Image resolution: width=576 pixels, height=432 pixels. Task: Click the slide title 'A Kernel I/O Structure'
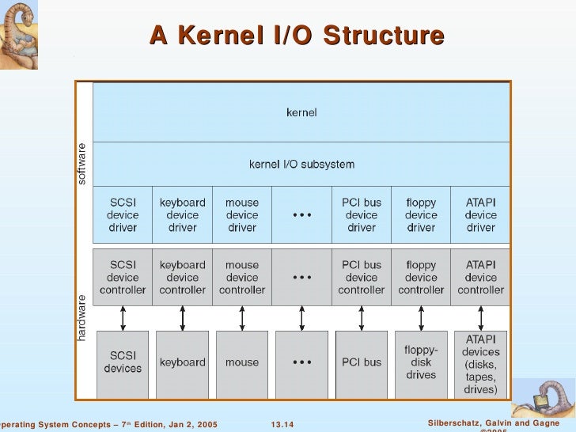(297, 36)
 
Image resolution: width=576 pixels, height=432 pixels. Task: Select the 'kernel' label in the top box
(301, 112)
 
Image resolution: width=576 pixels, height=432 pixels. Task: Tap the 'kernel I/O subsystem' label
(301, 165)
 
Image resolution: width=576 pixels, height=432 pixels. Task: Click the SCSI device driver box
(123, 214)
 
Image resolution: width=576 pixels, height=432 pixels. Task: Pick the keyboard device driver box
(183, 214)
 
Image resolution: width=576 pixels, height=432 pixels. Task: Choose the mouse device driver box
(242, 214)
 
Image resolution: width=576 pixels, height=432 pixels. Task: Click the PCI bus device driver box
(362, 214)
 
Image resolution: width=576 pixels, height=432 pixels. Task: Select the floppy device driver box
(421, 214)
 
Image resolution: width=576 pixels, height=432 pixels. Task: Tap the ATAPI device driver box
(480, 214)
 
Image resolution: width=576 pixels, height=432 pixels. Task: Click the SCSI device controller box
(123, 277)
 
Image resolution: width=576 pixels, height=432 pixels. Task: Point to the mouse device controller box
(242, 277)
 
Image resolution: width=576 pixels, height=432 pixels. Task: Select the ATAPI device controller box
(480, 277)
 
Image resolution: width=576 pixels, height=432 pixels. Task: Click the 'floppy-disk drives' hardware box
(421, 362)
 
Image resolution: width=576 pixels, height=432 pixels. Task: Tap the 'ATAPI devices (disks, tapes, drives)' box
(480, 364)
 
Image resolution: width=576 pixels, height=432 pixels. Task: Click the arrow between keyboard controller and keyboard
(183, 318)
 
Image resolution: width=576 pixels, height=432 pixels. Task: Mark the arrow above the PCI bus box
(362, 318)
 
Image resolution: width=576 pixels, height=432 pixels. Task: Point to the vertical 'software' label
(81, 164)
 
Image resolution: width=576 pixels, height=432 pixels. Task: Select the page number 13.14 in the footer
(282, 425)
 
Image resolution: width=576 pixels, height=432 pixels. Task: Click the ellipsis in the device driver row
(301, 215)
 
